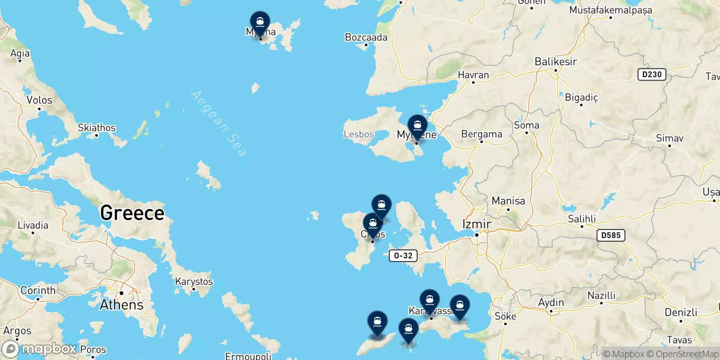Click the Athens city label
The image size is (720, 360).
(x=121, y=305)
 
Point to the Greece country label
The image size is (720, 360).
(x=132, y=213)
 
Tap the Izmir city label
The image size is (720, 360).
(x=477, y=224)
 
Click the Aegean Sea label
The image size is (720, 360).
(x=219, y=123)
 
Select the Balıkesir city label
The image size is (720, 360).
(x=556, y=62)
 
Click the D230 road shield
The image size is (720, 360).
(x=652, y=75)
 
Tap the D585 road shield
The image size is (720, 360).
(x=611, y=235)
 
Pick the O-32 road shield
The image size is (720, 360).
(x=403, y=256)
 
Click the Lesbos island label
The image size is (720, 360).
(x=359, y=134)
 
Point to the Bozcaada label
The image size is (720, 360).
(x=366, y=37)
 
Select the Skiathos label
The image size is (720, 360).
(x=97, y=128)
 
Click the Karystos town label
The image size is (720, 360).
(x=194, y=282)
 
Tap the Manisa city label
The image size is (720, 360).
(x=508, y=201)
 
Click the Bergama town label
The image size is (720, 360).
(x=481, y=134)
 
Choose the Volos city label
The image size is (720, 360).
(x=39, y=100)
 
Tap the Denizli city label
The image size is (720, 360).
(x=681, y=312)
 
